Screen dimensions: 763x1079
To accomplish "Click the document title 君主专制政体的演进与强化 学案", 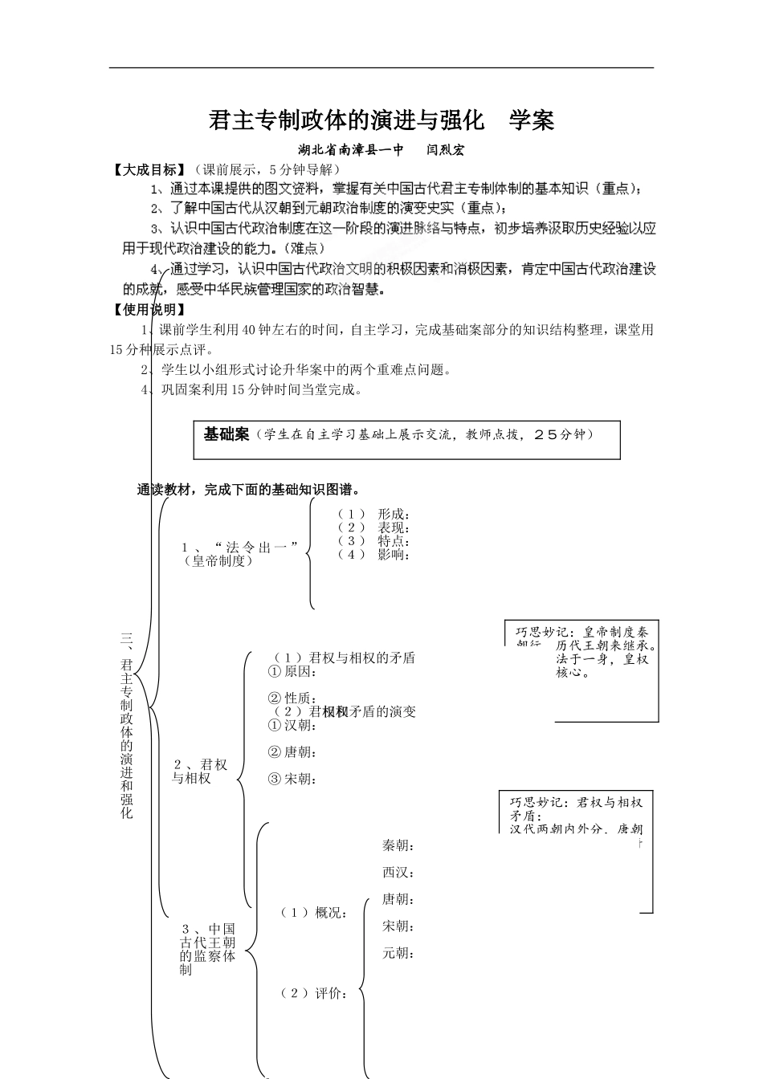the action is [x=381, y=120].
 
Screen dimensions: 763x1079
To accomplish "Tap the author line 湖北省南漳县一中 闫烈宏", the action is [x=381, y=149].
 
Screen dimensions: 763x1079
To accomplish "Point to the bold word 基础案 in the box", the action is [x=226, y=434].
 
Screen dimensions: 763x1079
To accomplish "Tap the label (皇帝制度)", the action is [x=218, y=561].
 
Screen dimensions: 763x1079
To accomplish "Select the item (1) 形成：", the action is [x=374, y=514].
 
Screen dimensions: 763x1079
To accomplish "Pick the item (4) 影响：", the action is [x=374, y=554].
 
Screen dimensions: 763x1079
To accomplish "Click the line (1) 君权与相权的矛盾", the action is [x=345, y=658].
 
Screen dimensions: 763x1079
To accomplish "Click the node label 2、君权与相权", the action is [x=200, y=771].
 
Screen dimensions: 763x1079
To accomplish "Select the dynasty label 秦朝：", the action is [x=398, y=845].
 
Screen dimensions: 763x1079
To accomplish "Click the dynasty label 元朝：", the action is [x=398, y=953].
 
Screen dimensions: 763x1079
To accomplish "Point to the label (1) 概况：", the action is [x=314, y=912].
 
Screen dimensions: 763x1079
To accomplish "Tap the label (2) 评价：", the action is [x=314, y=993].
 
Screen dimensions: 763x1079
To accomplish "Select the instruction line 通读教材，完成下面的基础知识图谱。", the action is [x=249, y=490].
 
